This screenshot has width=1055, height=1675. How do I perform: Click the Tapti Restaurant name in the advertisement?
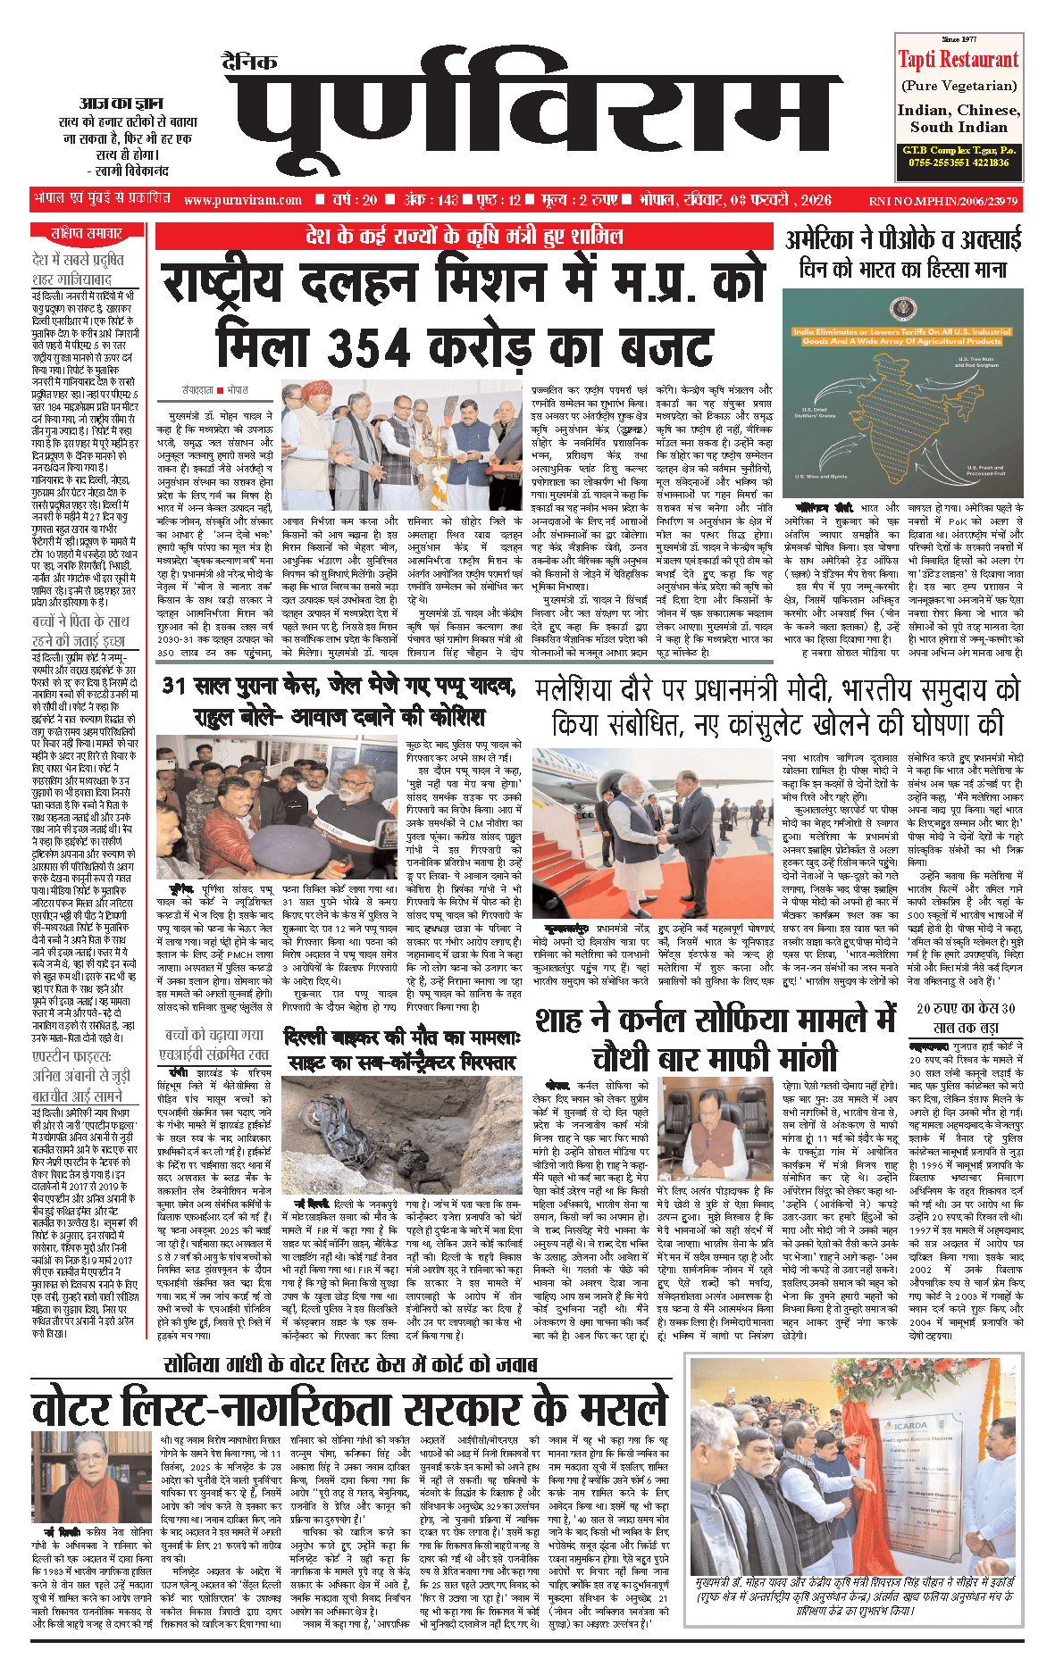click(958, 61)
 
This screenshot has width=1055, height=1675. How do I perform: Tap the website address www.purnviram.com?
click(243, 200)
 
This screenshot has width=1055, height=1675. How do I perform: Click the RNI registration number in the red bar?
click(942, 201)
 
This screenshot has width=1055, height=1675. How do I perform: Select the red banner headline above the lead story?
click(464, 237)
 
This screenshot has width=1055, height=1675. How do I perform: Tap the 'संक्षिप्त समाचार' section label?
click(87, 234)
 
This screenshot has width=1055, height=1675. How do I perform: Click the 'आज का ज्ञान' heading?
click(121, 103)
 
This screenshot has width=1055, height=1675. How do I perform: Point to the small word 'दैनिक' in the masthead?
click(249, 62)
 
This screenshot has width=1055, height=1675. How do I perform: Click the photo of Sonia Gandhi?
click(80, 1478)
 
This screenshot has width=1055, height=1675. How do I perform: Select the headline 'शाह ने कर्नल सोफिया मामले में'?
click(715, 1020)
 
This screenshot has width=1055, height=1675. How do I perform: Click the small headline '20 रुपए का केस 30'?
click(966, 1008)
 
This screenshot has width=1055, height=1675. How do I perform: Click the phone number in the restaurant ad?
click(958, 162)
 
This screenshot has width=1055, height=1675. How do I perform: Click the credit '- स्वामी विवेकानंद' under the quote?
click(128, 170)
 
